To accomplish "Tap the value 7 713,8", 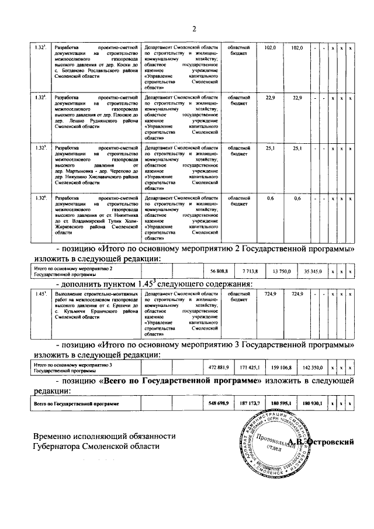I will pyautogui.click(x=250, y=272).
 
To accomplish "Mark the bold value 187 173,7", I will pyautogui.click(x=250, y=404).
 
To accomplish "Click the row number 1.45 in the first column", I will pyautogui.click(x=40, y=293).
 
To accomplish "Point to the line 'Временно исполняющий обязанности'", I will pyautogui.click(x=104, y=436).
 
